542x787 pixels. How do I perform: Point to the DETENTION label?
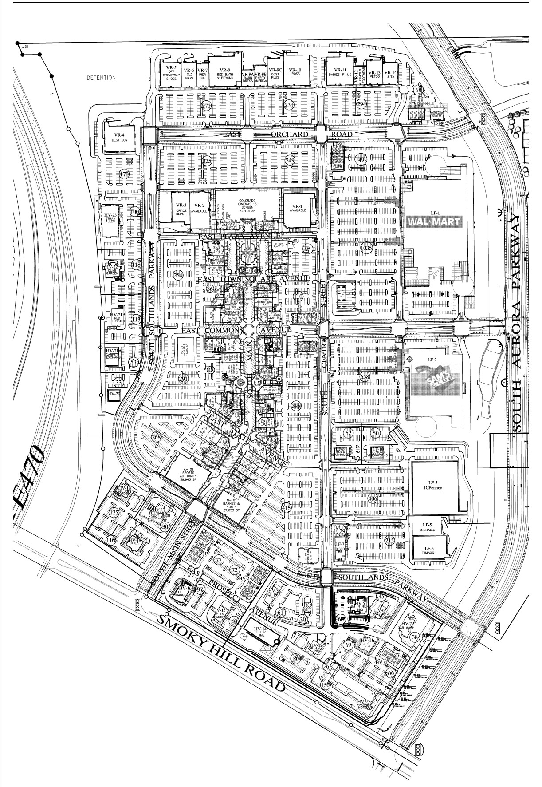[x=101, y=78]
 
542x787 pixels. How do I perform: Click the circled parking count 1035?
[x=366, y=249]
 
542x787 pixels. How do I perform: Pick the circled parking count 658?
[x=365, y=377]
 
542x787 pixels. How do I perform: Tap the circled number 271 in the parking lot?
[x=206, y=106]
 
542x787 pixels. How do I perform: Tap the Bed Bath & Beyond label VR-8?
[x=225, y=73]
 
